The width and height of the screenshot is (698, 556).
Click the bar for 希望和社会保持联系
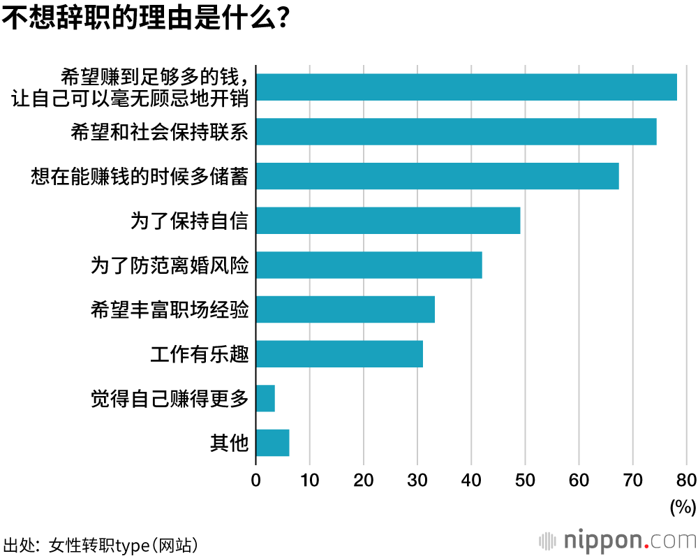[456, 131]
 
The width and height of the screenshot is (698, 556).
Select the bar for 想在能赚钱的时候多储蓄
[437, 176]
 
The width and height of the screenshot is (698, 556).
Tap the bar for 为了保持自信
[388, 221]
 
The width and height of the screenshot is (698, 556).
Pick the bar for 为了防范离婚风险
[369, 265]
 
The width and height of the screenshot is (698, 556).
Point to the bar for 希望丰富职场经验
[345, 309]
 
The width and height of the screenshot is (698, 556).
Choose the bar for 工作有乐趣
[339, 354]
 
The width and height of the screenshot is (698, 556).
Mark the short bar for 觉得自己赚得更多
[265, 398]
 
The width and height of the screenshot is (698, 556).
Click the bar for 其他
[272, 443]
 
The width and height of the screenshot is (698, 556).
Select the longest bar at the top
[466, 87]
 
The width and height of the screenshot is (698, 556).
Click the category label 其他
[230, 443]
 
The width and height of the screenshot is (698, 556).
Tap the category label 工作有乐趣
[200, 354]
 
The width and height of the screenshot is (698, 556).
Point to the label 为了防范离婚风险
[170, 265]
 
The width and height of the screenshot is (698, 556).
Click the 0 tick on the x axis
[256, 481]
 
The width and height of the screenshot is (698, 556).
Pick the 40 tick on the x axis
[471, 481]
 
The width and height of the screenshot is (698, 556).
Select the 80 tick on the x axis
[686, 481]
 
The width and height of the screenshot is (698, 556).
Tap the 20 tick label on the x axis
[364, 481]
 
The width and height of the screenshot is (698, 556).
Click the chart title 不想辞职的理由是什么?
[146, 18]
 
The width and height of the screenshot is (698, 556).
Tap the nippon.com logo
[618, 541]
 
